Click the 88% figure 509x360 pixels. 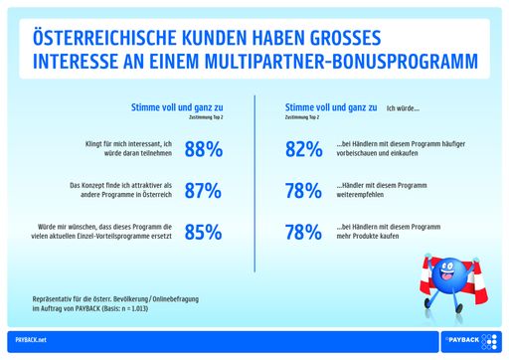(204, 150)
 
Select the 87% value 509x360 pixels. (204, 192)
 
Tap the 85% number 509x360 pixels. (204, 234)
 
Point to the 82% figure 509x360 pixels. (303, 150)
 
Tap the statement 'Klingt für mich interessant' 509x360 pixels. (123, 150)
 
